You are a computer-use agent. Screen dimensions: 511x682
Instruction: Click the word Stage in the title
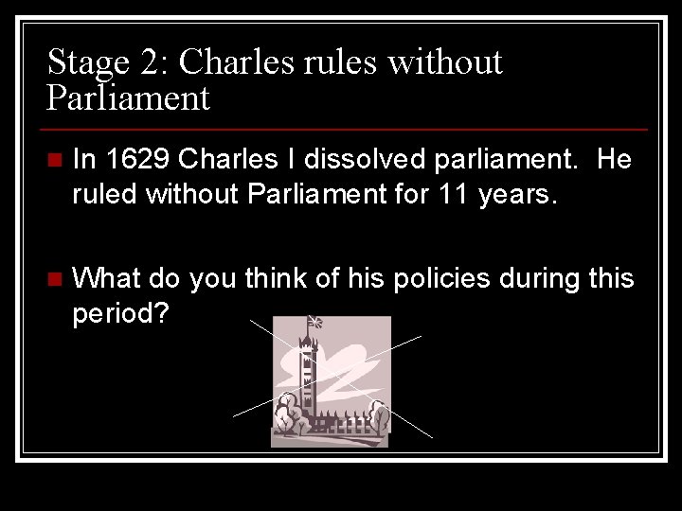tap(88, 63)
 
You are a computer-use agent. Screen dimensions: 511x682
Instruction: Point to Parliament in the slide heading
tap(128, 97)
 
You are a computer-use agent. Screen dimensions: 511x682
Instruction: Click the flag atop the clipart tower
tap(314, 323)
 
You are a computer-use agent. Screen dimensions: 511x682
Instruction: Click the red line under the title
tap(347, 129)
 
